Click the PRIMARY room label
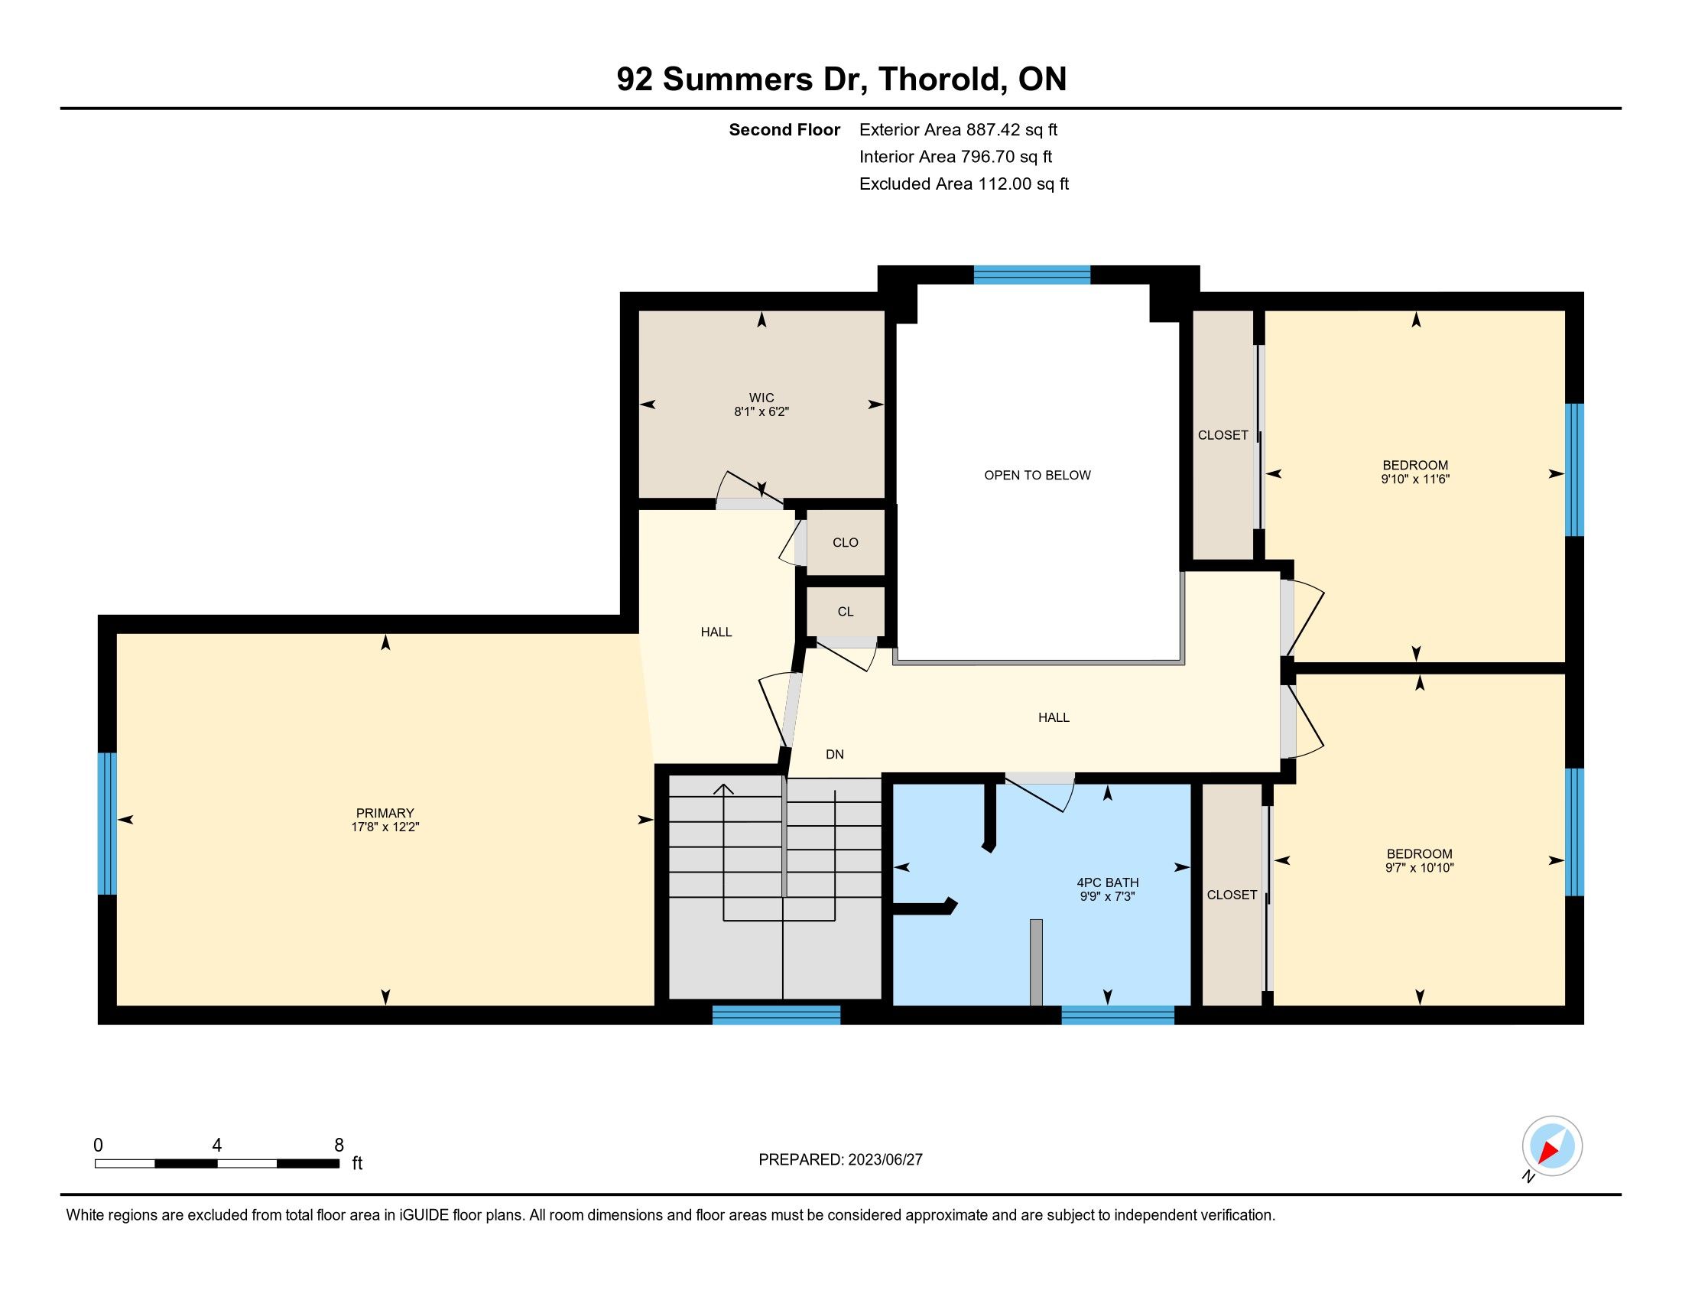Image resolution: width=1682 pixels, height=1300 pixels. pyautogui.click(x=385, y=812)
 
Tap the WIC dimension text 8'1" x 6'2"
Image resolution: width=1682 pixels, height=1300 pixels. pyautogui.click(x=761, y=412)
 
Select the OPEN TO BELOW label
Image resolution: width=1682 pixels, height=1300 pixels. pyautogui.click(x=1037, y=475)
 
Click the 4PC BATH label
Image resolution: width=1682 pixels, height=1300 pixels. pyautogui.click(x=1108, y=882)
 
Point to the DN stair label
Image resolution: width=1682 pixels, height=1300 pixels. pyautogui.click(x=835, y=755)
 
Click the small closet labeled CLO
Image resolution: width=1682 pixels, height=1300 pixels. pyautogui.click(x=846, y=542)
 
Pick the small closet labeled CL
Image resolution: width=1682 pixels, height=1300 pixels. pyautogui.click(x=846, y=612)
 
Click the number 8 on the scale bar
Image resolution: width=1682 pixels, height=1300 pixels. pyautogui.click(x=339, y=1146)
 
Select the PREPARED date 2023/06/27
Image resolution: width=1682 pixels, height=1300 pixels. pyautogui.click(x=884, y=1160)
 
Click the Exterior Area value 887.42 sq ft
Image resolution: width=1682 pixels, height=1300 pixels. pyautogui.click(x=1012, y=129)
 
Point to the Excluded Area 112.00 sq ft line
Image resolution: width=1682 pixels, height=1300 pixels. pyautogui.click(x=964, y=184)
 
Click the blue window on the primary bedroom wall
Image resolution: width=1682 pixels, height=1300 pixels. pyautogui.click(x=107, y=824)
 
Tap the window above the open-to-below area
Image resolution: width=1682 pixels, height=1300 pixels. pyautogui.click(x=1032, y=275)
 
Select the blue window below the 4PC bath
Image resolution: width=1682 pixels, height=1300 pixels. pyautogui.click(x=1118, y=1015)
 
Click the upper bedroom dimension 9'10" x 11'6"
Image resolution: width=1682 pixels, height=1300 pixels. pyautogui.click(x=1415, y=479)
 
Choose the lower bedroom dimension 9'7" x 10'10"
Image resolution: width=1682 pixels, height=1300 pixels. pyautogui.click(x=1420, y=868)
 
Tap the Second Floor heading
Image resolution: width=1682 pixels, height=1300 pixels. pyautogui.click(x=784, y=130)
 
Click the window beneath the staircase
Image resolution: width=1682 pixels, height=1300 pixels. pyautogui.click(x=776, y=1015)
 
